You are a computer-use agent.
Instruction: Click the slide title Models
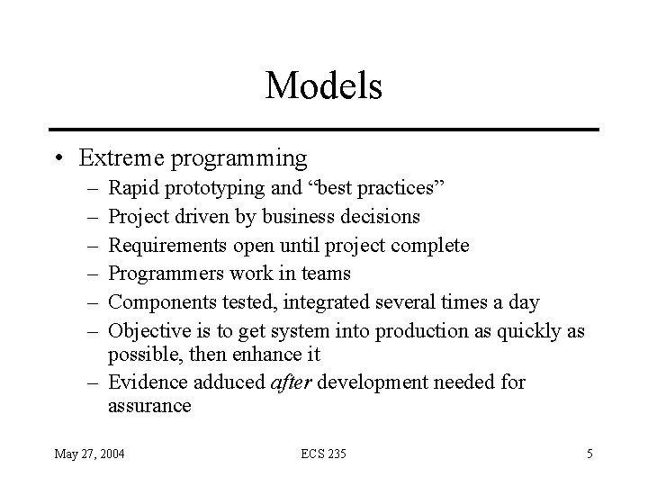point(324,86)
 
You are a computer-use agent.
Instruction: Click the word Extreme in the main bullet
point(115,158)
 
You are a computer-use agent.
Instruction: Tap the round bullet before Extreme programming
point(58,159)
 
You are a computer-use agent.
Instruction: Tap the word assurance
point(149,407)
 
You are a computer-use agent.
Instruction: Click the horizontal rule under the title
point(324,130)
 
